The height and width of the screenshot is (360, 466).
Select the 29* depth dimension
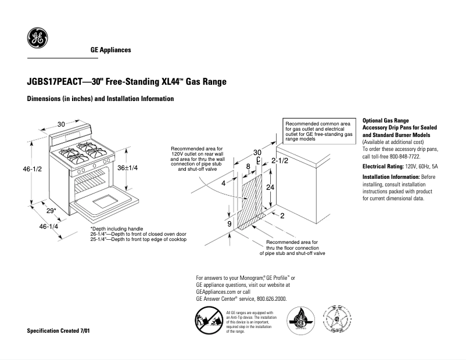point(51,210)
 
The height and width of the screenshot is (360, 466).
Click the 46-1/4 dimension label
point(48,226)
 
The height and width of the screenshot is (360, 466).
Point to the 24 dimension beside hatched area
point(270,188)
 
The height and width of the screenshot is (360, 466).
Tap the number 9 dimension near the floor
point(229,224)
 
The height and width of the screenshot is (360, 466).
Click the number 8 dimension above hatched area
point(248,167)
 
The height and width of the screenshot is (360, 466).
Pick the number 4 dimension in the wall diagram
point(223,183)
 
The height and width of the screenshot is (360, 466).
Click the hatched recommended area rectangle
point(251,200)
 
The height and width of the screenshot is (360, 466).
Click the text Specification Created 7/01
point(59,330)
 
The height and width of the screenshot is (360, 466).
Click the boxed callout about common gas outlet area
point(320,131)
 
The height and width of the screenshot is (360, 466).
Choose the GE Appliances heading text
point(110,50)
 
